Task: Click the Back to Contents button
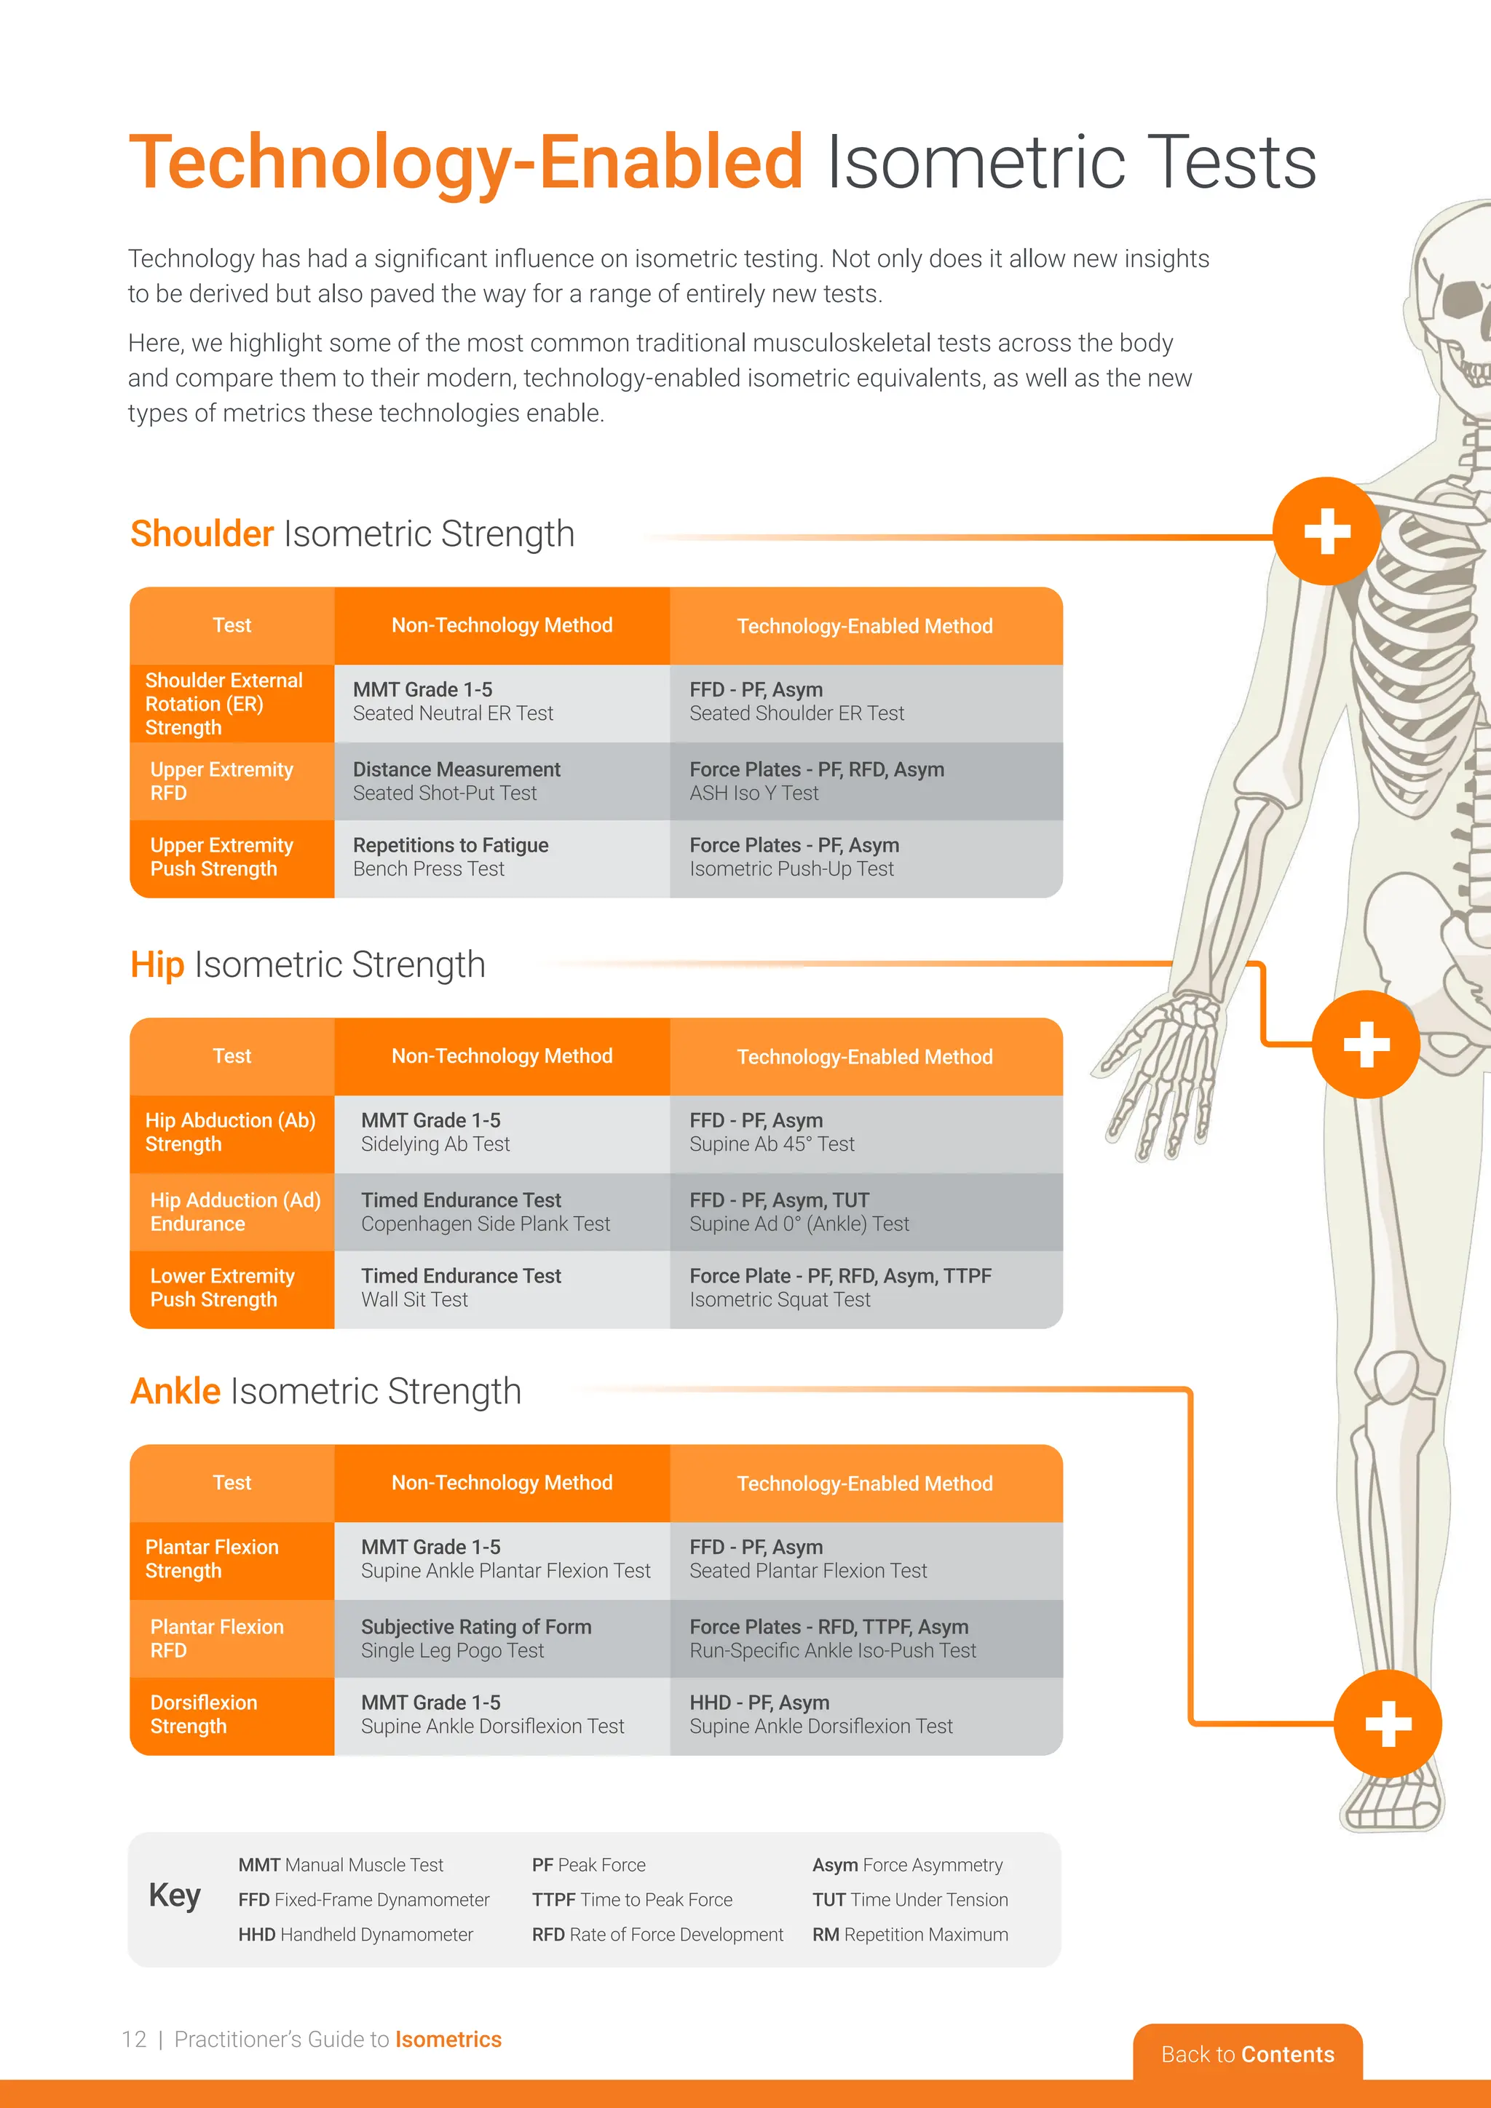pyautogui.click(x=1247, y=2054)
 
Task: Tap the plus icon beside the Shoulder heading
pyautogui.click(x=1326, y=531)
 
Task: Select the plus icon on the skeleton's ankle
pyautogui.click(x=1387, y=1724)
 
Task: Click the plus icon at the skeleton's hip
pyautogui.click(x=1365, y=1044)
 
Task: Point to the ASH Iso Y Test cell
pyautogui.click(x=865, y=781)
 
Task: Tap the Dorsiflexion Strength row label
pyautogui.click(x=232, y=1714)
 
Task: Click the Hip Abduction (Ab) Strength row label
pyautogui.click(x=232, y=1132)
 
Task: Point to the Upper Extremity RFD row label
pyautogui.click(x=232, y=781)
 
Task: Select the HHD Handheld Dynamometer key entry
pyautogui.click(x=355, y=1935)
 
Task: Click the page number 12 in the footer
pyautogui.click(x=134, y=2039)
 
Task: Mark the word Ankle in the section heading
pyautogui.click(x=175, y=1391)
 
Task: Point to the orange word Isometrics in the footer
pyautogui.click(x=448, y=2039)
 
